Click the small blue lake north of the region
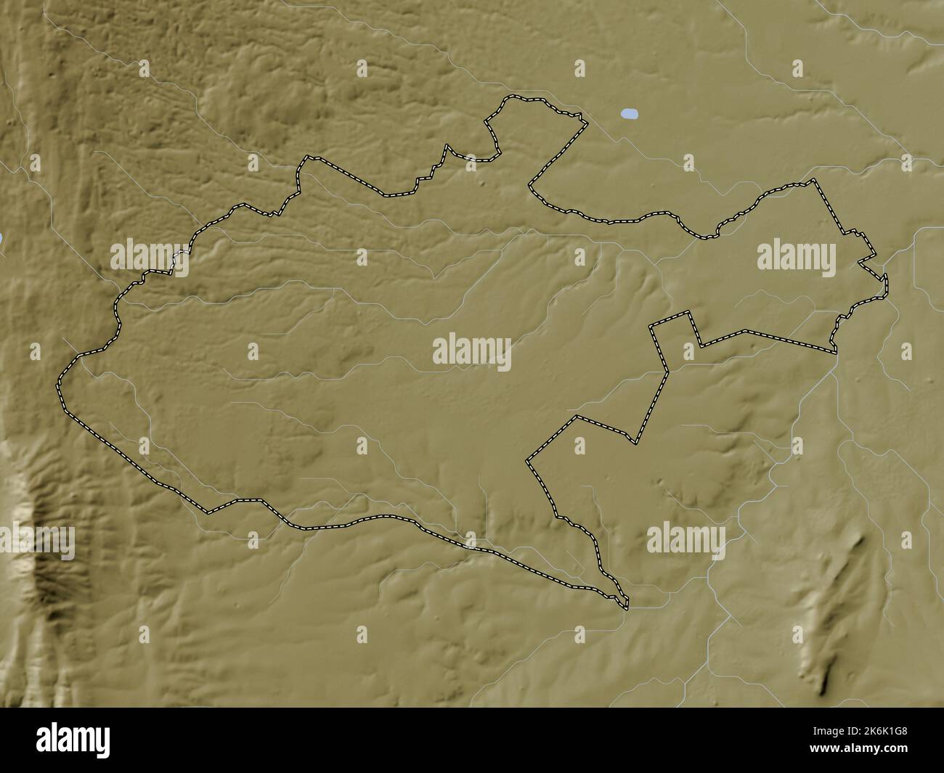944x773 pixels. tap(630, 114)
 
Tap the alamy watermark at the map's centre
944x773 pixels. tap(472, 353)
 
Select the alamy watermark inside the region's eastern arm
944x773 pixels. tap(797, 255)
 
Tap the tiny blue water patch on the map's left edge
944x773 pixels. tap(2, 237)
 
